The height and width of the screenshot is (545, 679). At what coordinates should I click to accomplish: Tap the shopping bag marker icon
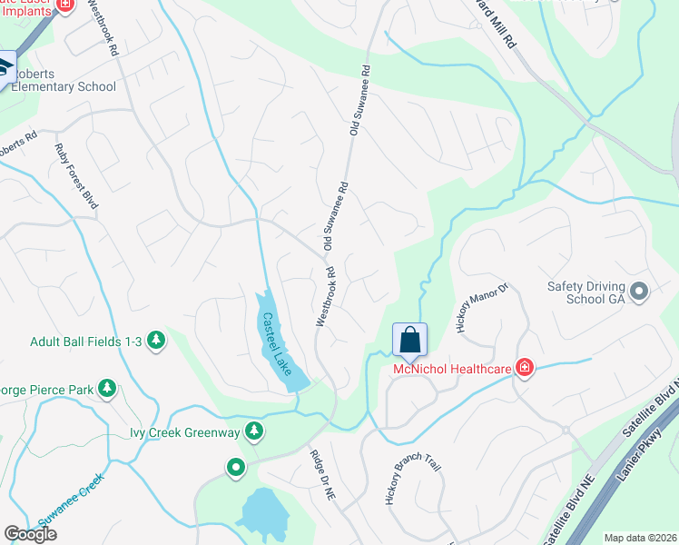(x=409, y=341)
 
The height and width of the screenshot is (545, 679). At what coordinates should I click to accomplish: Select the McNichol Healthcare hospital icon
(x=525, y=368)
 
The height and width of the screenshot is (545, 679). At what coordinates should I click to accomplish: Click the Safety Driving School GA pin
(x=639, y=292)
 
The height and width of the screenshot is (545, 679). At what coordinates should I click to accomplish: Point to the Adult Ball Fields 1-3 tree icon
(x=157, y=341)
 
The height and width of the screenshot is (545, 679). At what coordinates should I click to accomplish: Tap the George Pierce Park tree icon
(x=107, y=390)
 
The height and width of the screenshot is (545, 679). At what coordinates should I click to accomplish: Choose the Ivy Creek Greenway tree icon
(x=256, y=430)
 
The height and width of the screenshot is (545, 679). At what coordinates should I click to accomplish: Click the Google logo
(x=31, y=535)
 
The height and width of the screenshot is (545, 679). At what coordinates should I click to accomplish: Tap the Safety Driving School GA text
(x=586, y=292)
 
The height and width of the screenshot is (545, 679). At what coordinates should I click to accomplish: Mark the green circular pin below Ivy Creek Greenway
(x=236, y=468)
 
